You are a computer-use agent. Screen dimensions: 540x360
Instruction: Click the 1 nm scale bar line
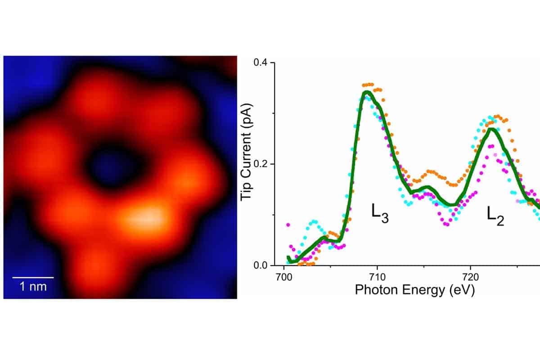(33, 278)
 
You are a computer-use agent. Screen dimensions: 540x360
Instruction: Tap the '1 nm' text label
(33, 287)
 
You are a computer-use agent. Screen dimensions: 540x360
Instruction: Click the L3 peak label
(380, 213)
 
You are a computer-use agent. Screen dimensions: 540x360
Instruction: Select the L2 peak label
(495, 216)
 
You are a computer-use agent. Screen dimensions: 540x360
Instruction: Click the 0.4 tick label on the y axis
(261, 63)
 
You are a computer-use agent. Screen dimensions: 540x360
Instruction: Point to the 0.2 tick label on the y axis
(261, 164)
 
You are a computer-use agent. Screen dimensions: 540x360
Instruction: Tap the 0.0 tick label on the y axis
(261, 265)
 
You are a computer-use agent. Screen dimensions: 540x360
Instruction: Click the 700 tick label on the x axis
(284, 277)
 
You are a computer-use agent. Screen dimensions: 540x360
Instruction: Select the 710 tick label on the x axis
(377, 277)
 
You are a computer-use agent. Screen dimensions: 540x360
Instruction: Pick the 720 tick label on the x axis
(471, 277)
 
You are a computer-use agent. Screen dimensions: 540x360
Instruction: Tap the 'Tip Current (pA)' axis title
(247, 152)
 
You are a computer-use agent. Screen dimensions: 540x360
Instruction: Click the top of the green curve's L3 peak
(367, 93)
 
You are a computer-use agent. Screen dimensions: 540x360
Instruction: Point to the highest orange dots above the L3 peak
(368, 85)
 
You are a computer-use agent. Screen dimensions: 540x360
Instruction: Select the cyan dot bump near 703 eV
(313, 222)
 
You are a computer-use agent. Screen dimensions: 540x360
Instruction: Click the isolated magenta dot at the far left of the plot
(288, 225)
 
